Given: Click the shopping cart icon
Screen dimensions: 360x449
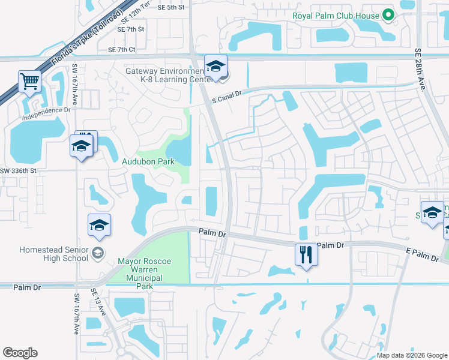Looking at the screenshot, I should pyautogui.click(x=29, y=81).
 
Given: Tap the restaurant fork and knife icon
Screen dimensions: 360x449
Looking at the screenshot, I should pyautogui.click(x=306, y=254).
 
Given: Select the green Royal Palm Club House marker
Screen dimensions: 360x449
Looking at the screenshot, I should pyautogui.click(x=388, y=16).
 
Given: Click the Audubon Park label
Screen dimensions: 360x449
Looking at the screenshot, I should pyautogui.click(x=148, y=161).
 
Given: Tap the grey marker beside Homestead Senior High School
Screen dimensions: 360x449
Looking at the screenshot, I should pyautogui.click(x=98, y=254).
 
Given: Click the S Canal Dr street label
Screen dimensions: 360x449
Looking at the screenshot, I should pyautogui.click(x=226, y=97).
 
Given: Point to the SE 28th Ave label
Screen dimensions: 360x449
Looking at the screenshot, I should pyautogui.click(x=420, y=70).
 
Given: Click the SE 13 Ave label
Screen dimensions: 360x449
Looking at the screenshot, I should pyautogui.click(x=98, y=302).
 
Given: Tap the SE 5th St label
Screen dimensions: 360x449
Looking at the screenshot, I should pyautogui.click(x=172, y=7).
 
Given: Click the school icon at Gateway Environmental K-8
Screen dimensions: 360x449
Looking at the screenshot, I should pyautogui.click(x=215, y=67).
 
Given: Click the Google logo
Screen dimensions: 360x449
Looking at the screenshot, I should pyautogui.click(x=20, y=353).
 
